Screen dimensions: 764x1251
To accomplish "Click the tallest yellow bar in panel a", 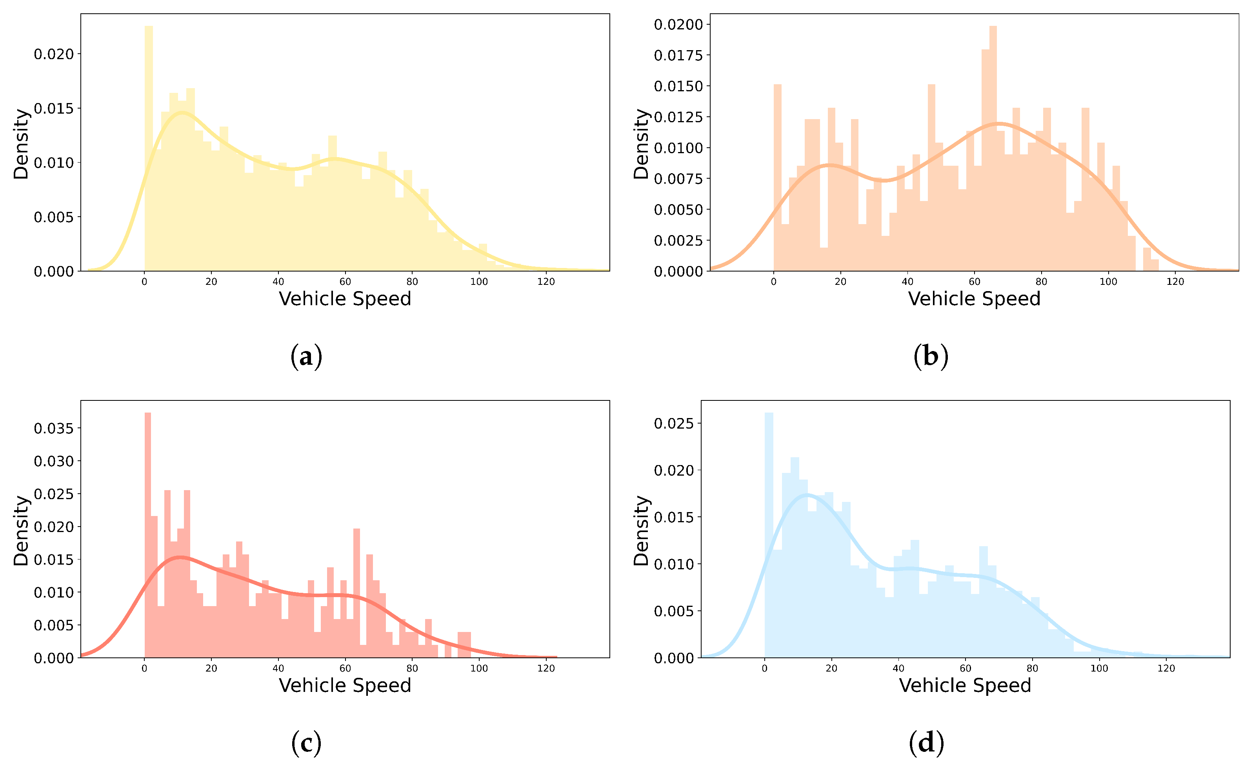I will (149, 147).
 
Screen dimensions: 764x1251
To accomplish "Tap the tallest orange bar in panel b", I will (993, 147).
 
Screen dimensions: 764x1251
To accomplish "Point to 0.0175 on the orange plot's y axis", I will (678, 55).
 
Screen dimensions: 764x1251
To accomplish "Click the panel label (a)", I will (306, 357).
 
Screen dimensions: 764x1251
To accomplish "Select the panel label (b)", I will (930, 357).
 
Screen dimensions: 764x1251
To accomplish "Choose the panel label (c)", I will (306, 743).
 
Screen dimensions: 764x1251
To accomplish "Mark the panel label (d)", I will (926, 743).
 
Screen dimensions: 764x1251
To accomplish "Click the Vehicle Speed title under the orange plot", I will (974, 299).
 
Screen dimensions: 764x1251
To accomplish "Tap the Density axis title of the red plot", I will (21, 530).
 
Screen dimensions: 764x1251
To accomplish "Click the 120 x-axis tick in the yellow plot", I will (546, 282).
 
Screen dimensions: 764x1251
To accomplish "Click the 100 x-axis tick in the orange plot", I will (1108, 282).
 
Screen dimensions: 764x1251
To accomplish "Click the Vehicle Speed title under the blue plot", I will (965, 685).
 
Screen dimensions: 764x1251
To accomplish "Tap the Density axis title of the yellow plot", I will (21, 144).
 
